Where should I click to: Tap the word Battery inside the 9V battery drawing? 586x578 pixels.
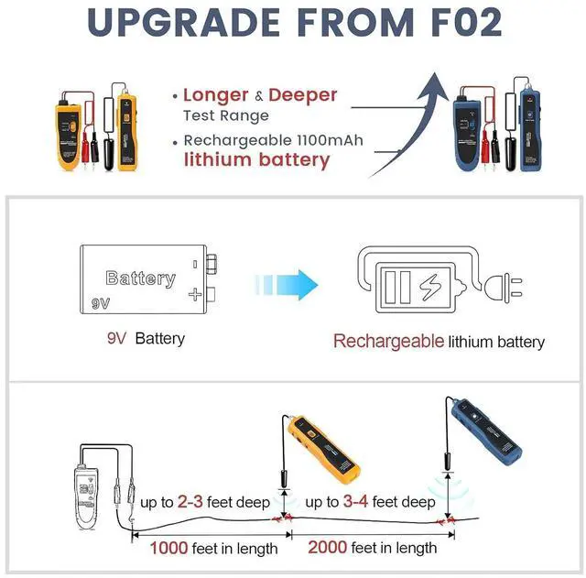point(140,278)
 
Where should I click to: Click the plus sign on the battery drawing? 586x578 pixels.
point(193,294)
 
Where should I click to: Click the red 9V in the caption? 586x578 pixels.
point(116,338)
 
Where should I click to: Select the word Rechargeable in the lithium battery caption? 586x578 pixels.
point(388,342)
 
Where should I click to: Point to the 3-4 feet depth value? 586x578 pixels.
point(356,502)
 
